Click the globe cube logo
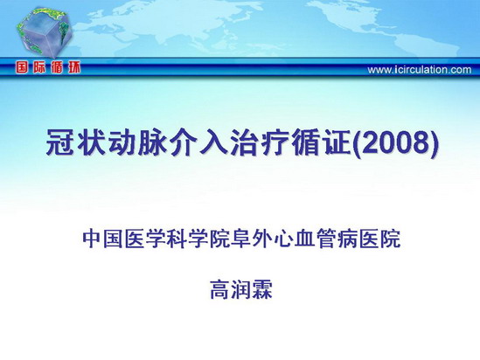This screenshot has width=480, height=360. (x=44, y=32)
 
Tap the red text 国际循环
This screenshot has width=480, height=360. (x=48, y=67)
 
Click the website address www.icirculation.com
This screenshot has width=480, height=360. (x=420, y=70)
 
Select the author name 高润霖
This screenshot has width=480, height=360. (x=241, y=289)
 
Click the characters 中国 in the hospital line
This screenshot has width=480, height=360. (x=103, y=239)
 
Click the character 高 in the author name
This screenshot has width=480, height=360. (x=220, y=289)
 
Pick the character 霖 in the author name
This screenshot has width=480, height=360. (x=262, y=289)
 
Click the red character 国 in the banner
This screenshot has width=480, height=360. (x=23, y=67)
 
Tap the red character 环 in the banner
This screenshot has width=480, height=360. (x=74, y=67)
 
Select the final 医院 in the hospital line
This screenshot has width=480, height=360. (x=379, y=239)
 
